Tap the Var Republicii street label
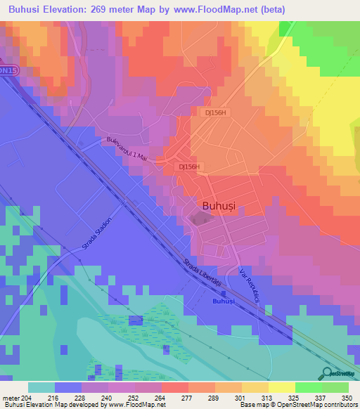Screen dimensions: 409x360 click(250, 282)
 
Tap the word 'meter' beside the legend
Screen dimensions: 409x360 click(10, 398)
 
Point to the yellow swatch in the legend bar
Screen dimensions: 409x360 click(281, 387)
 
